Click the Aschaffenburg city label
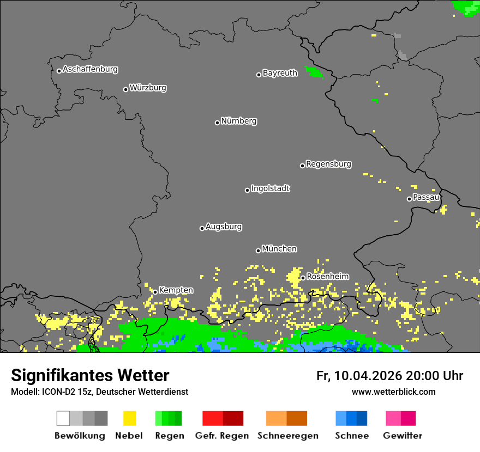pos(90,70)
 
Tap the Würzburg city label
pos(148,88)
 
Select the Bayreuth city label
pos(280,73)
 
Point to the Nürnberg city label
pos(239,121)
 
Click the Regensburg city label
pos(328,164)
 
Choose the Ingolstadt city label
pos(270,189)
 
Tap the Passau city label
pos(426,197)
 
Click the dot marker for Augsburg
pos(202,228)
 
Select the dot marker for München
pos(258,251)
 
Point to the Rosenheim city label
pos(327,277)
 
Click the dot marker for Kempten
pos(155,292)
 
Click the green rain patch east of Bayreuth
pos(314,72)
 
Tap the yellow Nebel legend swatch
pos(129,418)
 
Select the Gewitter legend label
pos(402,436)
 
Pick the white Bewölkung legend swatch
pos(63,418)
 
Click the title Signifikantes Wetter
pos(90,375)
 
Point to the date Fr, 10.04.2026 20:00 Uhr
pos(389,376)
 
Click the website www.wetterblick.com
pos(393,392)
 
